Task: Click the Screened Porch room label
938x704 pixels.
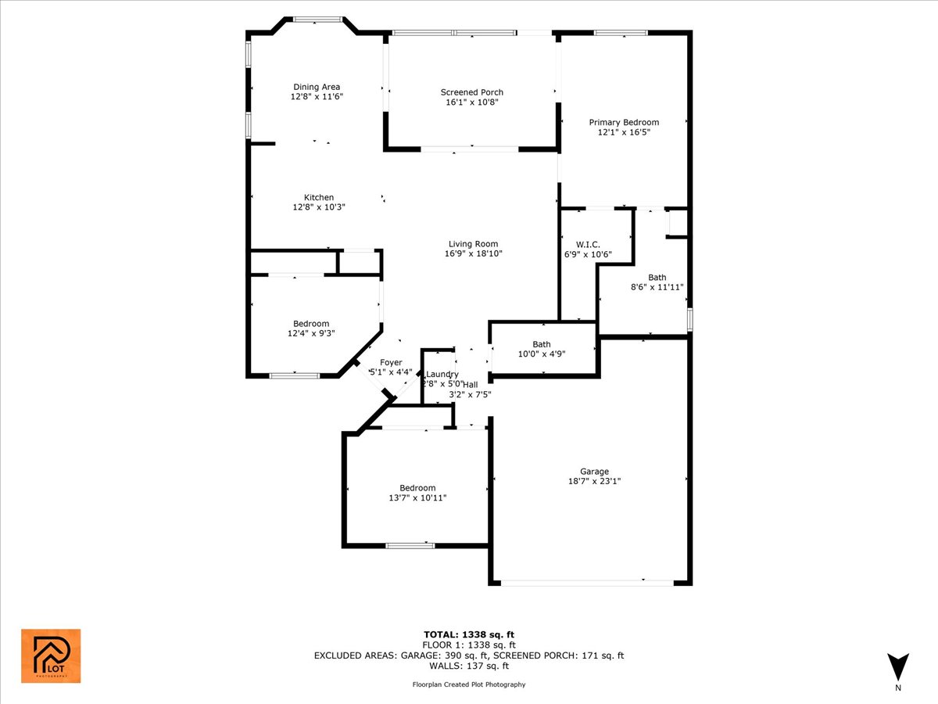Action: click(471, 92)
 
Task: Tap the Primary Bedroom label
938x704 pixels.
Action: click(624, 122)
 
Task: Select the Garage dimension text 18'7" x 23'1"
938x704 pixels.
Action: click(594, 481)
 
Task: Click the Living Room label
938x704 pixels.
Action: click(473, 243)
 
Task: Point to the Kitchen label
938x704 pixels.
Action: click(319, 197)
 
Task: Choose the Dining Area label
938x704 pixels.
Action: click(317, 87)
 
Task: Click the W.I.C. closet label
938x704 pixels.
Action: click(588, 244)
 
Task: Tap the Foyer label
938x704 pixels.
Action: click(391, 362)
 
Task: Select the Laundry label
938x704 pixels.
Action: click(443, 374)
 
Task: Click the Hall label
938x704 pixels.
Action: click(470, 384)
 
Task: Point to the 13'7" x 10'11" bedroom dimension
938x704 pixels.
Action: click(417, 497)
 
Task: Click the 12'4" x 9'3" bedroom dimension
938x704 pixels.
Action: click(311, 333)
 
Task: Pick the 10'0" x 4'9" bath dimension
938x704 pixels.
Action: click(542, 354)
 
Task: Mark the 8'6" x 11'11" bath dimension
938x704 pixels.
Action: click(657, 287)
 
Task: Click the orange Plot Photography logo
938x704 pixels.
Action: click(50, 656)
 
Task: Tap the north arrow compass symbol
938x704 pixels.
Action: click(898, 666)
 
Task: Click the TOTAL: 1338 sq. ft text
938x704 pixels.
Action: click(469, 634)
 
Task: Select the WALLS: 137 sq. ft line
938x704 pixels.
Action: click(469, 666)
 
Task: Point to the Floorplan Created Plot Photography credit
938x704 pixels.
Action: click(469, 684)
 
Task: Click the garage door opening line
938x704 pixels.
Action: click(586, 583)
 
